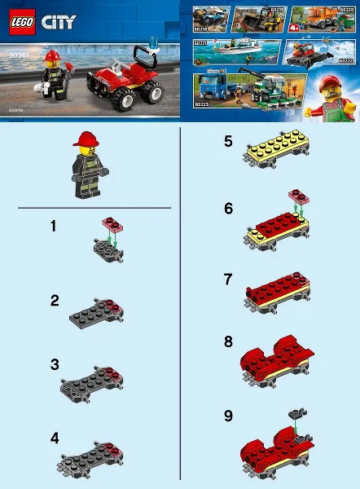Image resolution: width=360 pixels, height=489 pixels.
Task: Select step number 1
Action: click(x=53, y=227)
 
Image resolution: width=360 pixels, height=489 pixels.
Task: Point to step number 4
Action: click(x=55, y=438)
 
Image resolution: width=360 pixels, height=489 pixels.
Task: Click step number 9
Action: click(x=229, y=416)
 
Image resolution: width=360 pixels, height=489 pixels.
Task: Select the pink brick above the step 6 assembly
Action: click(x=295, y=196)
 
